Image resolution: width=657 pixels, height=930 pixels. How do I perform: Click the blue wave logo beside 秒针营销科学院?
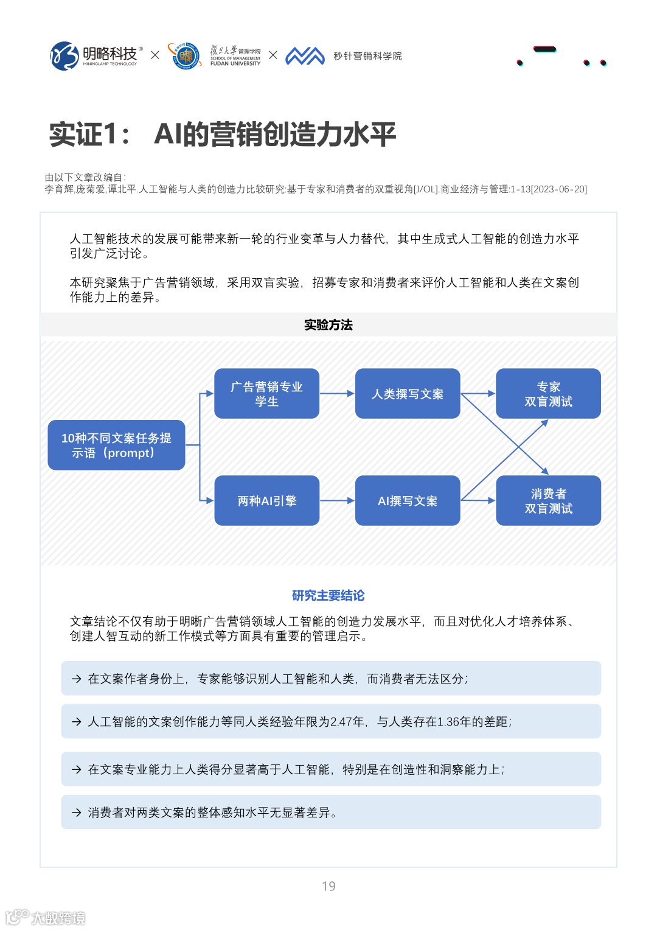pyautogui.click(x=305, y=56)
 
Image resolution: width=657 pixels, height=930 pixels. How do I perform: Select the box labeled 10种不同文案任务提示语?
pyautogui.click(x=116, y=445)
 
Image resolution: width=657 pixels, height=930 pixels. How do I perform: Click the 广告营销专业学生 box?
pyautogui.click(x=266, y=394)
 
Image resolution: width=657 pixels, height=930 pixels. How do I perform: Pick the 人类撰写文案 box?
pyautogui.click(x=408, y=394)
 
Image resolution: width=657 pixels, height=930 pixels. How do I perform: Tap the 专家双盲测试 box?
pyautogui.click(x=548, y=394)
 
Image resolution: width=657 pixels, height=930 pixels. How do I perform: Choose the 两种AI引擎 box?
pyautogui.click(x=266, y=500)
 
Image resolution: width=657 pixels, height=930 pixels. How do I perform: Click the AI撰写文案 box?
pyautogui.click(x=408, y=500)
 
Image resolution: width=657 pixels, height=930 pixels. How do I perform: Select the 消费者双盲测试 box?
pyautogui.click(x=548, y=500)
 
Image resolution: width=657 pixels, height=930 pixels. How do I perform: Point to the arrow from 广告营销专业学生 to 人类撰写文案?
pyautogui.click(x=337, y=394)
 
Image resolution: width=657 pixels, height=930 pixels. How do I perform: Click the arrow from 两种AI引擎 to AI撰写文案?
pyautogui.click(x=337, y=500)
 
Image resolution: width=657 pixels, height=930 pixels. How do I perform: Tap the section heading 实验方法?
pyautogui.click(x=328, y=325)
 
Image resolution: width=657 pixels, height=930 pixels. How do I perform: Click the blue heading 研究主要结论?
pyautogui.click(x=328, y=595)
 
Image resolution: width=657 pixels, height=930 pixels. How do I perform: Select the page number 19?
pyautogui.click(x=328, y=886)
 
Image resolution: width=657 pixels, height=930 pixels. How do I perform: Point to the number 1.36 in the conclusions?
pyautogui.click(x=450, y=722)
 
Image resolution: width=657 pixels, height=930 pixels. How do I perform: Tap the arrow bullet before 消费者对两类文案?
pyautogui.click(x=77, y=813)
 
